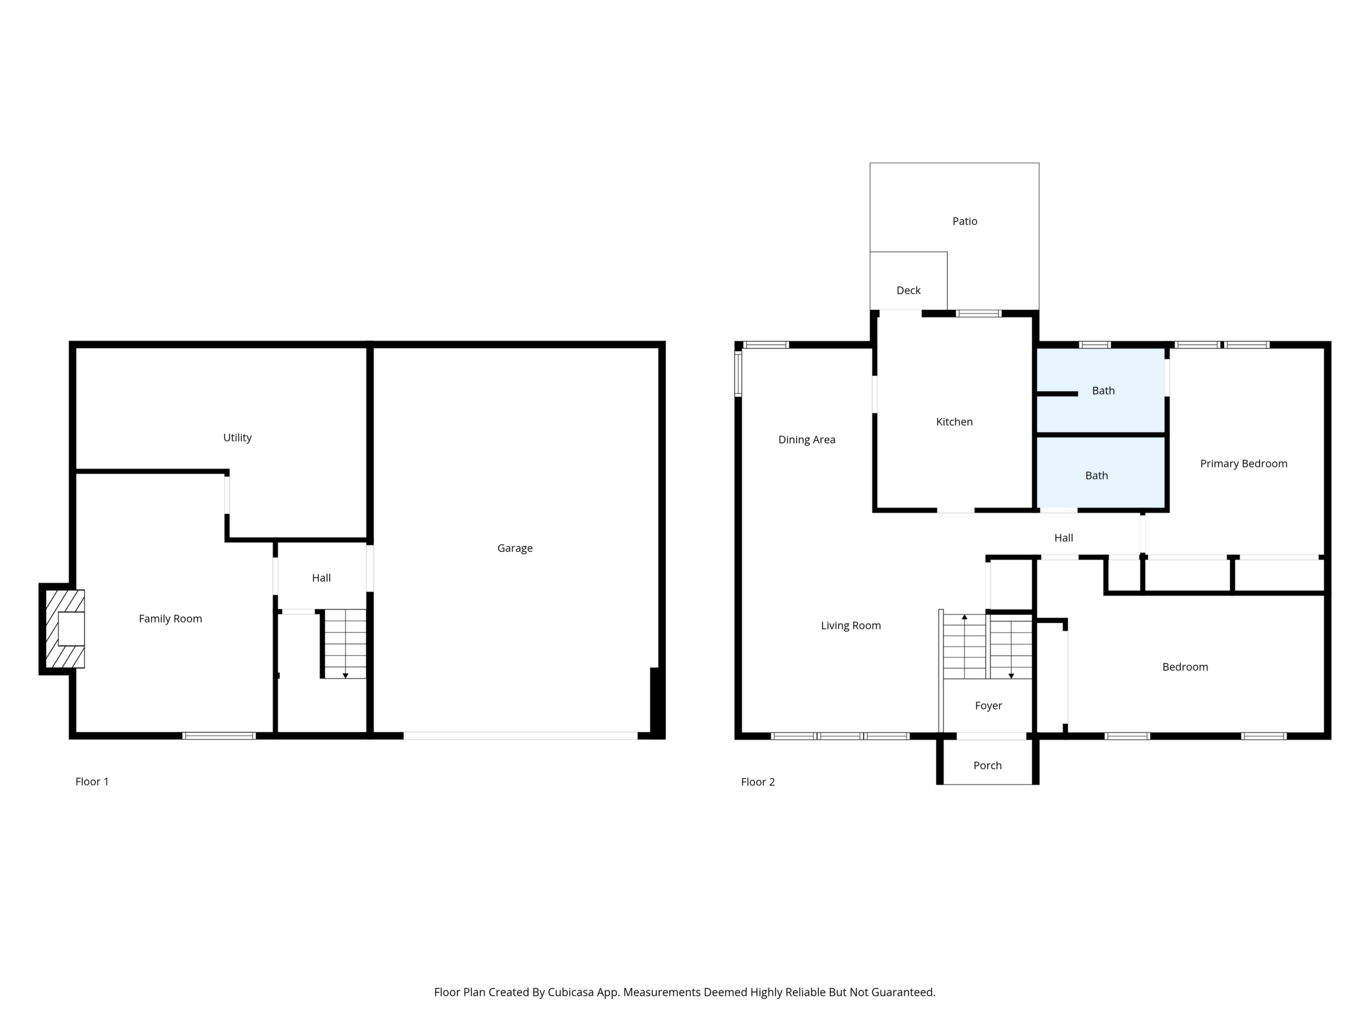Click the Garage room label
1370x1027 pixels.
[515, 549]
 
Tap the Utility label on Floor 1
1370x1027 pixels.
[237, 438]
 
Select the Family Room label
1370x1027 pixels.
[170, 619]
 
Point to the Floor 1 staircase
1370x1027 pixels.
[345, 644]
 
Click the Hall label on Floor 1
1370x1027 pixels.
[322, 578]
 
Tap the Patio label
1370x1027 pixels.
[965, 222]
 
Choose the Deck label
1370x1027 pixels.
[908, 291]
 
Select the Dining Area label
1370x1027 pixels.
[807, 440]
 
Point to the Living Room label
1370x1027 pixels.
[851, 626]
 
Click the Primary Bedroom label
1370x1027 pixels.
[1244, 464]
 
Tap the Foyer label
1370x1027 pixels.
[989, 706]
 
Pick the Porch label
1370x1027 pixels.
[988, 766]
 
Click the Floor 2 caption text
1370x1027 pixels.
[758, 782]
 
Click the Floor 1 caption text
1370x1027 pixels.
[92, 782]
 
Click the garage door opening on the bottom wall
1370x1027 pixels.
[520, 736]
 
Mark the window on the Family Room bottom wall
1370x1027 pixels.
[219, 736]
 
